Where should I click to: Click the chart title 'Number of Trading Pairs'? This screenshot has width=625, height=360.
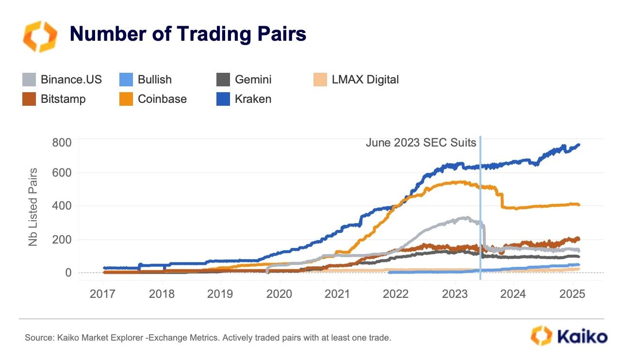coord(188,34)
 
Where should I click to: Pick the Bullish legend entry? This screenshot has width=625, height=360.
coord(146,80)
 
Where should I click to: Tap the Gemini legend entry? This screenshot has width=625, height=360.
coord(244,80)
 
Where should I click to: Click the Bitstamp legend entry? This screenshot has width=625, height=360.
coord(54,99)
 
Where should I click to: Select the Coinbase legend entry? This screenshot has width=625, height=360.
coord(153,99)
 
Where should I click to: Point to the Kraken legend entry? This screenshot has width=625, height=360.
coord(244,99)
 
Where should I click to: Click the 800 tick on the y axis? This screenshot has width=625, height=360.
coord(62,143)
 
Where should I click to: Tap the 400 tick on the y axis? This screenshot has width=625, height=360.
coord(62,206)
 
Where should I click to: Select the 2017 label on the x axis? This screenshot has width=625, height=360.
coord(104,294)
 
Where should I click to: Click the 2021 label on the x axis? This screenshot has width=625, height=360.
coord(338,294)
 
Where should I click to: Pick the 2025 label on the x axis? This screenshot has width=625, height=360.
coord(572,294)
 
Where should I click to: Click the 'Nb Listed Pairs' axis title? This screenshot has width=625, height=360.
coord(33,207)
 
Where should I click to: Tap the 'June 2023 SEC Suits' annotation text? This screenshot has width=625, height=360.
coord(421,143)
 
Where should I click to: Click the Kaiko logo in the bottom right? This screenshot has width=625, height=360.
coord(568,336)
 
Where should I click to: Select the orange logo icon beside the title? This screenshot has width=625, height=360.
coord(40,36)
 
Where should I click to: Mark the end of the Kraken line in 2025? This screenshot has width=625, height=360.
coord(578,145)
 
